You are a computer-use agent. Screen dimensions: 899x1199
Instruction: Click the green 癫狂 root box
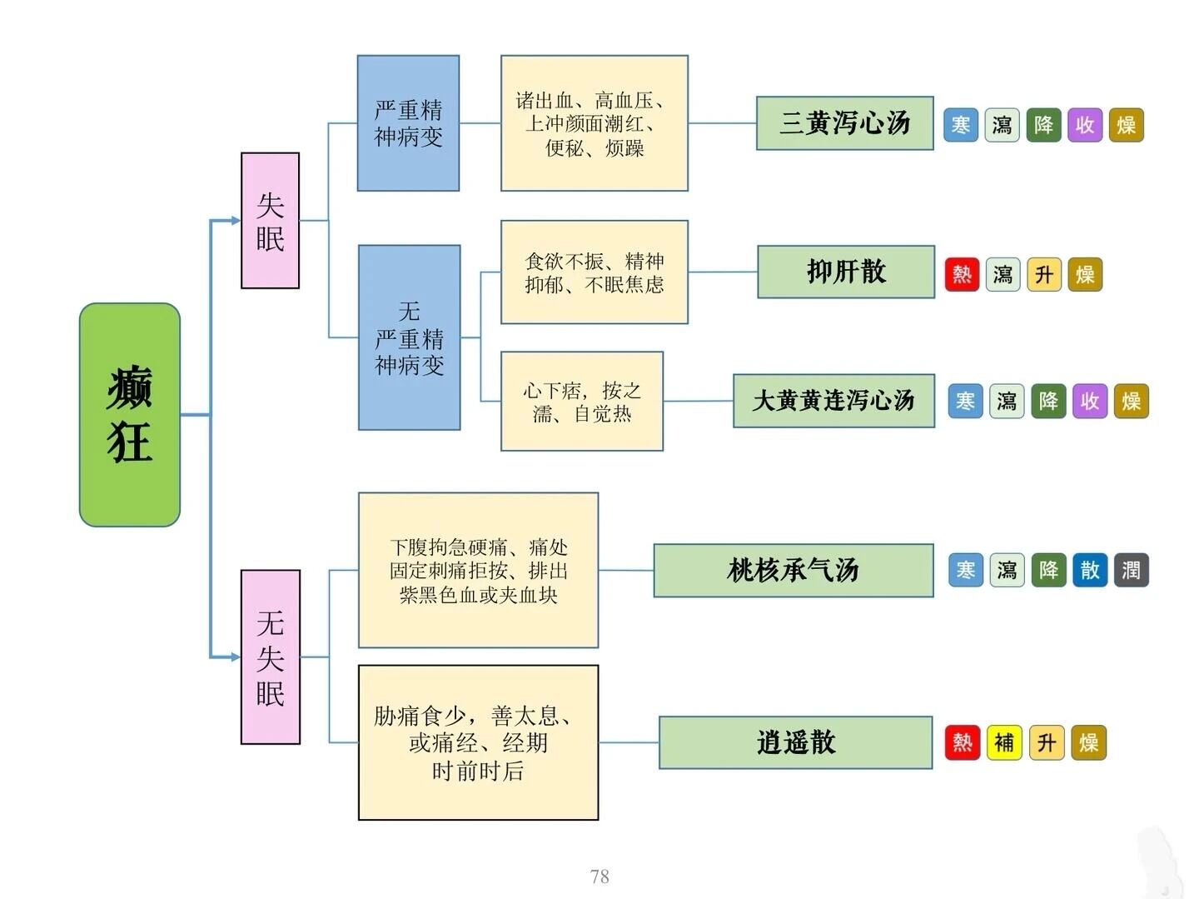click(130, 414)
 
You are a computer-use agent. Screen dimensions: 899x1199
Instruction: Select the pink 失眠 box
click(270, 221)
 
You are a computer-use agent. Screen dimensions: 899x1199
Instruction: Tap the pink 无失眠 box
click(270, 657)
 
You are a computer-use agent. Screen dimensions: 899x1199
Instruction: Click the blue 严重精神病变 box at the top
click(408, 123)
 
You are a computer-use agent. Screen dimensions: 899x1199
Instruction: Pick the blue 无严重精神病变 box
click(409, 337)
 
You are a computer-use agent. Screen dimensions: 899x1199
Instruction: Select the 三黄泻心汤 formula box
click(844, 123)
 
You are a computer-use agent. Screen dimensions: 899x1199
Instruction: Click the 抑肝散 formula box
click(845, 272)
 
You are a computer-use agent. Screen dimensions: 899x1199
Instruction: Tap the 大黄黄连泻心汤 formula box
click(833, 401)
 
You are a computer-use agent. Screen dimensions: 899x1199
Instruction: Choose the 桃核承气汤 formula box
click(793, 571)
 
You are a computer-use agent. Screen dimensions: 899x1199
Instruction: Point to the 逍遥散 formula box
click(795, 742)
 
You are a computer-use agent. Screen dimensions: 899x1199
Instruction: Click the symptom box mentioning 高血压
click(594, 123)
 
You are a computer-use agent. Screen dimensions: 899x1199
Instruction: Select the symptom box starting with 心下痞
click(581, 402)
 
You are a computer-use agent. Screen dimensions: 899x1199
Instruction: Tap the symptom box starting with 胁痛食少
click(478, 742)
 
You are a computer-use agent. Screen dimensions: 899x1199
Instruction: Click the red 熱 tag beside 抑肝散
click(962, 274)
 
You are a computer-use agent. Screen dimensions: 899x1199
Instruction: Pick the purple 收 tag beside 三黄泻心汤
click(1084, 126)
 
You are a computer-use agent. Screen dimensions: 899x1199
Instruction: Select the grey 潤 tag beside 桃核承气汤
click(1131, 571)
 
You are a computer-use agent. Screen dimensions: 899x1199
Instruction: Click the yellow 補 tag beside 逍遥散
click(1004, 742)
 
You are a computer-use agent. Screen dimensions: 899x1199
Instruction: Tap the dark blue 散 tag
click(1089, 571)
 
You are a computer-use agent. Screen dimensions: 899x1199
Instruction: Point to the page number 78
click(599, 877)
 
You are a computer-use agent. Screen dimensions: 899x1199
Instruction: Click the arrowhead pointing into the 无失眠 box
click(235, 657)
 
